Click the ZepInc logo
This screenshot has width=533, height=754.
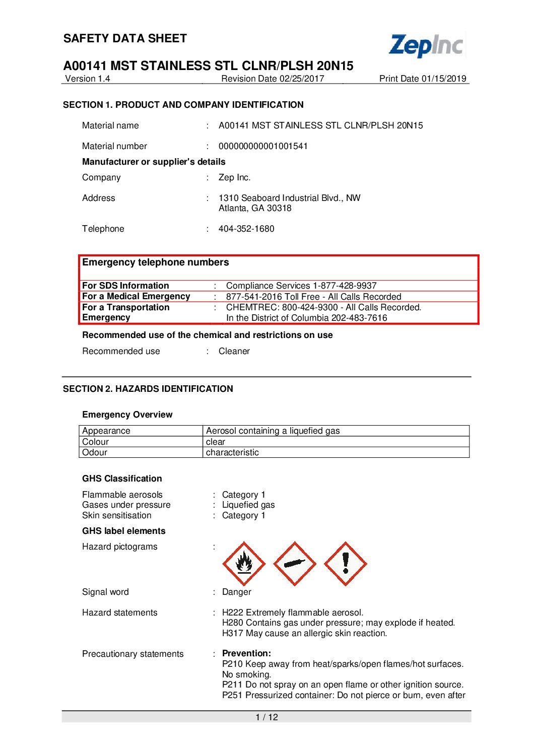[x=426, y=45]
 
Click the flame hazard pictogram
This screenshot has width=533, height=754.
[x=244, y=564]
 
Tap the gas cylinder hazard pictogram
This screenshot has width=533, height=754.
[x=295, y=564]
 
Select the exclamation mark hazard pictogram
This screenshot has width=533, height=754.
[x=346, y=564]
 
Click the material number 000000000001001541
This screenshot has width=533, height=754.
[x=263, y=146]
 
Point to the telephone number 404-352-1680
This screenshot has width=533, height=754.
[x=246, y=229]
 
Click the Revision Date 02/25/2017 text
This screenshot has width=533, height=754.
[x=273, y=79]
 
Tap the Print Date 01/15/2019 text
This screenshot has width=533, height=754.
[x=423, y=79]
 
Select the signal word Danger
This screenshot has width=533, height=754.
[x=236, y=592]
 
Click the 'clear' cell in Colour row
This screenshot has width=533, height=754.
[x=216, y=442]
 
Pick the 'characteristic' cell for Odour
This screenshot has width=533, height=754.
[x=232, y=452]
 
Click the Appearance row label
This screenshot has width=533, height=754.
[x=106, y=431]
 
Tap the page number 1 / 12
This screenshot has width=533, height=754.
[x=266, y=717]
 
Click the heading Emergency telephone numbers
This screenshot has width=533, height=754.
[x=156, y=262]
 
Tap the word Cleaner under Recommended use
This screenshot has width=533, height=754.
[x=234, y=351]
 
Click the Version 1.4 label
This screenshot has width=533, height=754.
[x=88, y=79]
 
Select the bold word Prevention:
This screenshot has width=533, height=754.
[x=246, y=653]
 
